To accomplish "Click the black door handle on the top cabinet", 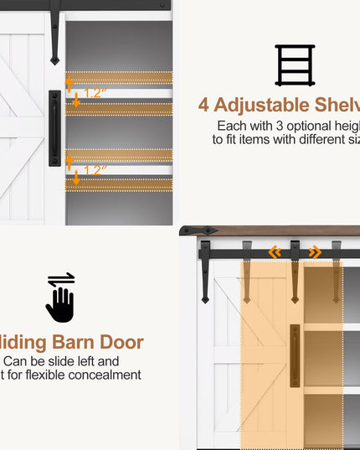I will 54,127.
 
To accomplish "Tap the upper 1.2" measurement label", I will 95,93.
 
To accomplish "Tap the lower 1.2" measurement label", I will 95,170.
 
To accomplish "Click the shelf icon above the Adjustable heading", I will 295,65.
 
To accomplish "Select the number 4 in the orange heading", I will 203,106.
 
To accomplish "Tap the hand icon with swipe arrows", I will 60,297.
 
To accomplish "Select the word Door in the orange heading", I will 123,342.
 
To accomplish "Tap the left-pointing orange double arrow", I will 274,251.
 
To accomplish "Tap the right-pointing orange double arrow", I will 315,251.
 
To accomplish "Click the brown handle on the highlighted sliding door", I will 295,355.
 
